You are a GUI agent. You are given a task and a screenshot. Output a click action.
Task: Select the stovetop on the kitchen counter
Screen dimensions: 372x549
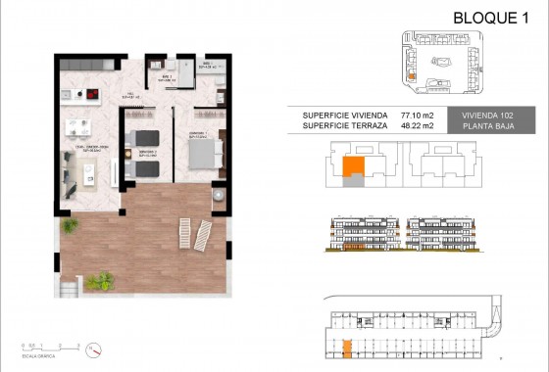pos(91,95)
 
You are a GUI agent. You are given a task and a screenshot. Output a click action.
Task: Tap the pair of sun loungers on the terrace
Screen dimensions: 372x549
pos(194,233)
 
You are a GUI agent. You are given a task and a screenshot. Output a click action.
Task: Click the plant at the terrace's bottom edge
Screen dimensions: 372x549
pos(98,282)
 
